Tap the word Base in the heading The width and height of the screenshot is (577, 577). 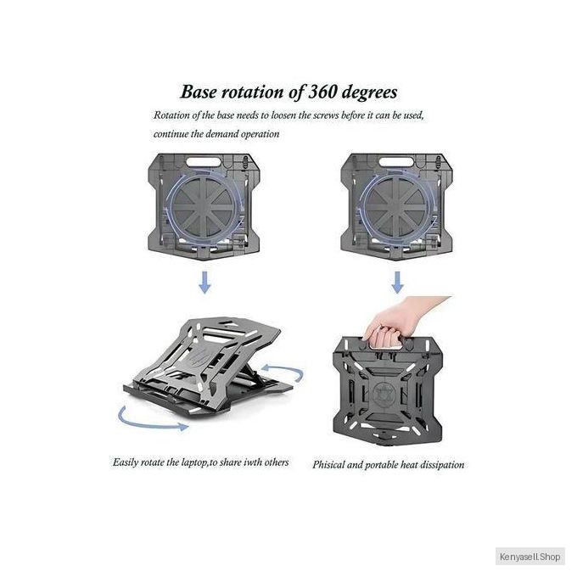[x=199, y=92]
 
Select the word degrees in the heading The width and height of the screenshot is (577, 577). [x=369, y=92]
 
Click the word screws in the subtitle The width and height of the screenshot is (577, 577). [x=326, y=115]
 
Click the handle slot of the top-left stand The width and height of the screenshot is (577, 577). [x=204, y=161]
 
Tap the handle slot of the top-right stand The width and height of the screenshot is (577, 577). [x=396, y=161]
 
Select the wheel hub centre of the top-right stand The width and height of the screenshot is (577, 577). [x=397, y=208]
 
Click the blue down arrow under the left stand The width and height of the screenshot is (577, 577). [x=204, y=283]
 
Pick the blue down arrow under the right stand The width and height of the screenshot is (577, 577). [x=397, y=283]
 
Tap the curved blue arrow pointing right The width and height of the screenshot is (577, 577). [x=147, y=424]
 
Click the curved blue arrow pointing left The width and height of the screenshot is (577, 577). [x=287, y=369]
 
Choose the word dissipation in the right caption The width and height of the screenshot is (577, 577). [x=440, y=465]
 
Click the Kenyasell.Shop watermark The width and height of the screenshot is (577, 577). [x=529, y=557]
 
